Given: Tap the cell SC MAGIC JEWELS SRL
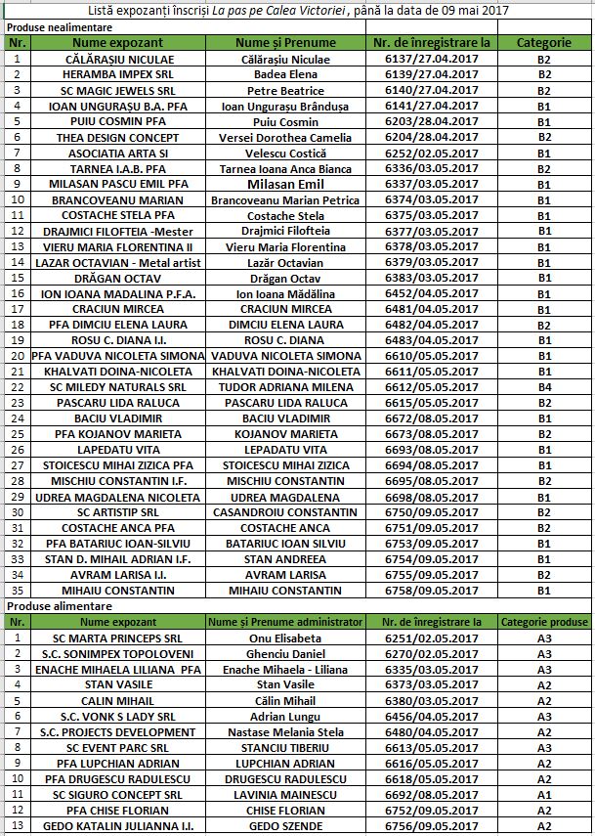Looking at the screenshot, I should pyautogui.click(x=117, y=91).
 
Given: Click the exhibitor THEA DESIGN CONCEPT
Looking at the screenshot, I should pyautogui.click(x=117, y=137).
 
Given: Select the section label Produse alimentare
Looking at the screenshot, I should pyautogui.click(x=57, y=606).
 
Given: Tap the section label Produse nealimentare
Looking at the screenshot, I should pyautogui.click(x=63, y=28).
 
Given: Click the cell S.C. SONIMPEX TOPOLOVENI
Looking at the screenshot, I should pyautogui.click(x=117, y=653).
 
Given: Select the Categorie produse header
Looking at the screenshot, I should pyautogui.click(x=544, y=622).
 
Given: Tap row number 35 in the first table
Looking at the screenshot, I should pyautogui.click(x=16, y=591).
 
